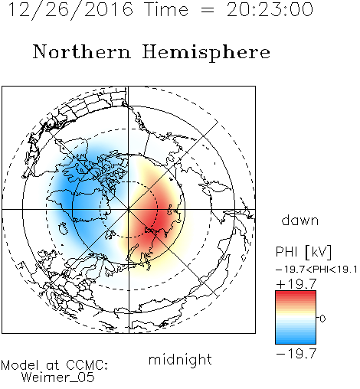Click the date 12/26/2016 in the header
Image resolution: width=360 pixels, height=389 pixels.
point(71,10)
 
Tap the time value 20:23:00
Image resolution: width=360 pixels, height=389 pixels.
point(270,10)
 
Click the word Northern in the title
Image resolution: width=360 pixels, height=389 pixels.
point(82,52)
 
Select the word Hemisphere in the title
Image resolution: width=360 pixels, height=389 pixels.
point(206,53)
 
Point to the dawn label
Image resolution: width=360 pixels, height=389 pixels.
point(300,220)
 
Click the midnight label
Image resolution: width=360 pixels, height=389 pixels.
point(180,360)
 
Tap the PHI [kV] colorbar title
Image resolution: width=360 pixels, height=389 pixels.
point(304,252)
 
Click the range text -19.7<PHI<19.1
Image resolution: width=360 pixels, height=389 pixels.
point(316,270)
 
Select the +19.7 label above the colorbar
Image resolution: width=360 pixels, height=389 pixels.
point(296,284)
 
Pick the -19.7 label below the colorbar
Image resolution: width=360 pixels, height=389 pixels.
point(296,354)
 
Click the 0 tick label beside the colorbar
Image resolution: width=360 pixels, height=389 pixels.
point(322,319)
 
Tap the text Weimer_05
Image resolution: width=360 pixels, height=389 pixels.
point(58,377)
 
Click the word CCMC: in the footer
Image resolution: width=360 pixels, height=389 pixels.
point(87,365)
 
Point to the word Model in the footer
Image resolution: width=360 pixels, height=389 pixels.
point(20,365)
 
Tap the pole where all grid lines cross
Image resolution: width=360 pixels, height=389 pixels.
point(129,209)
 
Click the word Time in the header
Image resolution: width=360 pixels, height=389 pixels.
point(166,10)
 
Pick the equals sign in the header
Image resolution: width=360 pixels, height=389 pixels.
point(208,10)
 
